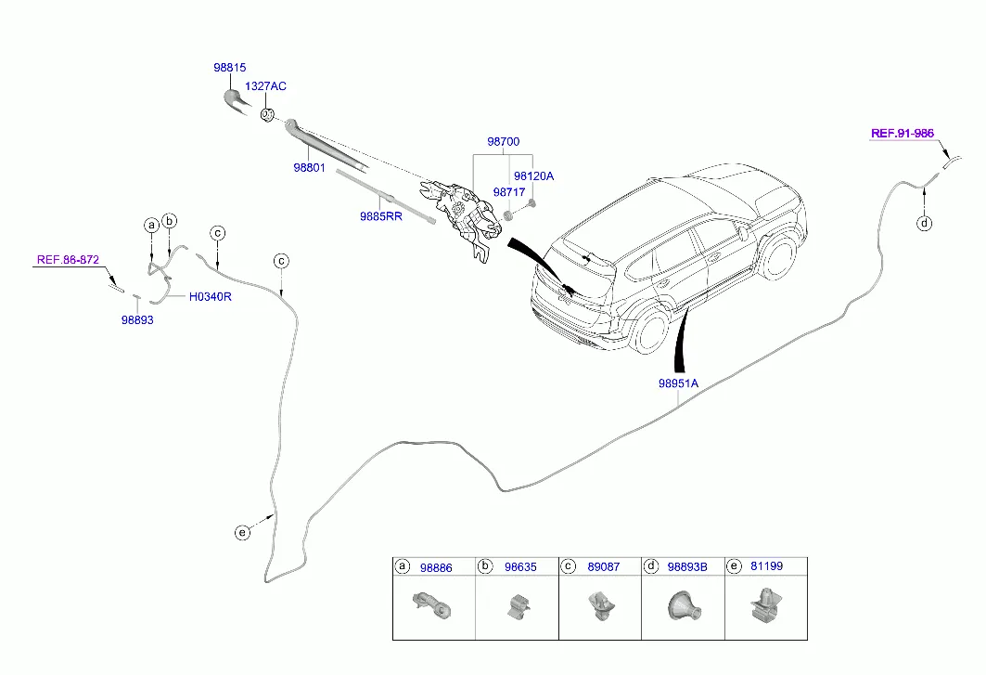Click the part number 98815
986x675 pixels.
pos(230,68)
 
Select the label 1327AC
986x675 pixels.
pos(265,86)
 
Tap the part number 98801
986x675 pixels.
pos(309,168)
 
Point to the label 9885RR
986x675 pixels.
pos(381,216)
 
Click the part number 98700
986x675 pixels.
pos(503,142)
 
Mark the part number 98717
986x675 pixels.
pos(509,192)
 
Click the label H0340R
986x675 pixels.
pos(210,298)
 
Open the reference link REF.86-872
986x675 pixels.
pos(68,260)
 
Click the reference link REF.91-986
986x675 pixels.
pos(902,134)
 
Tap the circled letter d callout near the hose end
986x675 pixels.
pos(924,223)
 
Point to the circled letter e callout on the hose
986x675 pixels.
pos(242,532)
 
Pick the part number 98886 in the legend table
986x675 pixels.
pos(436,567)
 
